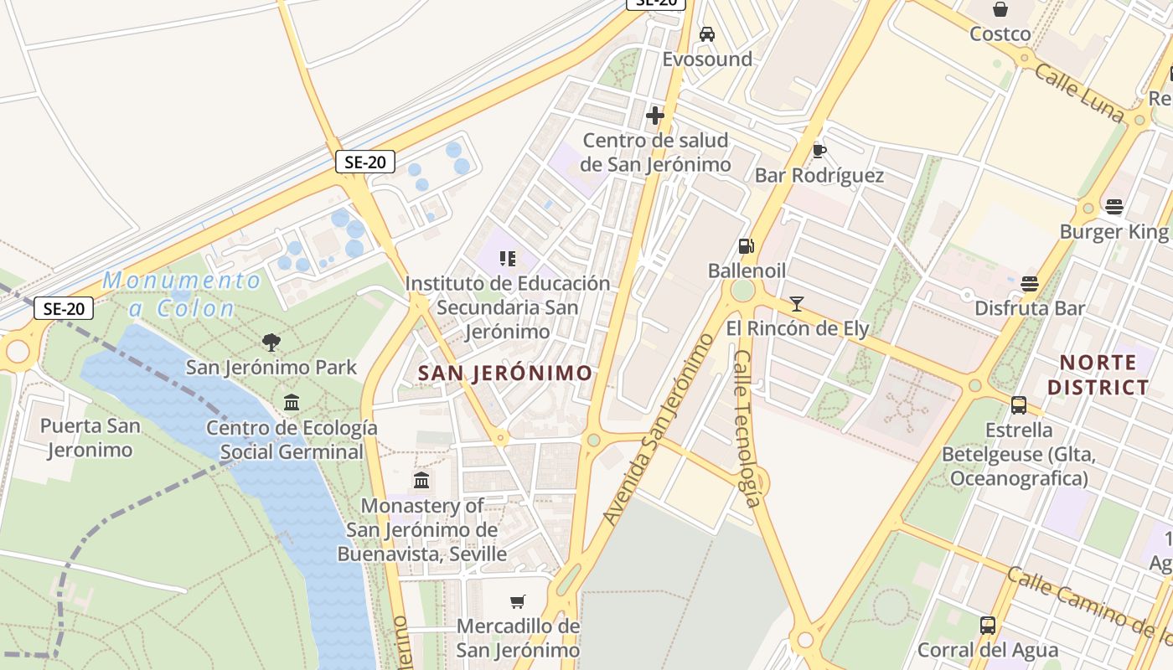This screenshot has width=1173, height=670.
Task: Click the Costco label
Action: pyautogui.click(x=1000, y=34)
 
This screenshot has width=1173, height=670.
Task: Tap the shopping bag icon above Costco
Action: pyautogui.click(x=1000, y=10)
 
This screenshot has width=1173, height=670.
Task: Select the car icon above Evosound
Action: pyautogui.click(x=707, y=34)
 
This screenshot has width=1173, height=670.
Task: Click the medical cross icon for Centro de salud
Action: pyautogui.click(x=655, y=116)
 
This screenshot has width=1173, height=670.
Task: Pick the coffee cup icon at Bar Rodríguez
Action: pyautogui.click(x=819, y=151)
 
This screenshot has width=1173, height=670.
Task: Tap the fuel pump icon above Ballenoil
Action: pyautogui.click(x=746, y=246)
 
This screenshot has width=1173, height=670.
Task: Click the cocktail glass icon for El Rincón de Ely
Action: pyautogui.click(x=797, y=303)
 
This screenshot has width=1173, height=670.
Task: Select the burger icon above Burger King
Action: pyautogui.click(x=1114, y=206)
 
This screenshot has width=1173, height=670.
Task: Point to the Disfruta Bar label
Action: pyautogui.click(x=1030, y=308)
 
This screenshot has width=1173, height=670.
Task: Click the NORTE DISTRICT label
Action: pyautogui.click(x=1098, y=374)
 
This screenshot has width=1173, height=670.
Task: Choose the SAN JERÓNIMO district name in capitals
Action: pyautogui.click(x=504, y=374)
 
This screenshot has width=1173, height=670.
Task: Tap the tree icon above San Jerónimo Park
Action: pyautogui.click(x=271, y=342)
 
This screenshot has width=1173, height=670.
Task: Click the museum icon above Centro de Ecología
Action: pyautogui.click(x=292, y=403)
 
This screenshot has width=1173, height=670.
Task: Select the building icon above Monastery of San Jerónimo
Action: pyautogui.click(x=421, y=481)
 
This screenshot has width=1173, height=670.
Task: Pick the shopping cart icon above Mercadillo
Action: pyautogui.click(x=518, y=601)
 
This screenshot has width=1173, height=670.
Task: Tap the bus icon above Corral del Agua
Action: pyautogui.click(x=988, y=625)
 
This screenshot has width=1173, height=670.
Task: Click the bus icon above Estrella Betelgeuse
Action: pyautogui.click(x=1019, y=405)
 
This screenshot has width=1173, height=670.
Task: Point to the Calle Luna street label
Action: pyautogui.click(x=1078, y=93)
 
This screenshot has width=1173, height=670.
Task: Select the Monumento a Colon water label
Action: pyautogui.click(x=182, y=294)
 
